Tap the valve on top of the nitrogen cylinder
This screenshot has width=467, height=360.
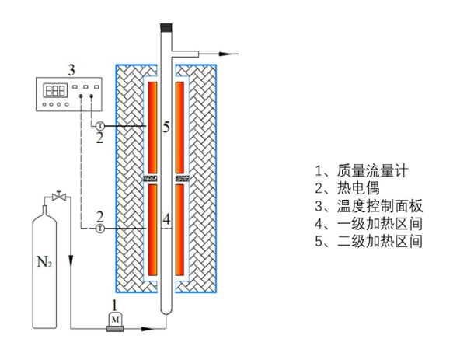[x=57, y=194]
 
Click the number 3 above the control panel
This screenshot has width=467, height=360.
[x=71, y=71]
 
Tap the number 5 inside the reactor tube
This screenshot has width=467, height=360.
[x=166, y=128]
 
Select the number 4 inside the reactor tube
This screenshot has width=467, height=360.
[x=166, y=220]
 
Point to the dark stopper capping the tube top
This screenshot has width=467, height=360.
[x=166, y=29]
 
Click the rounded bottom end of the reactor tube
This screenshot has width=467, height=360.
[x=166, y=310]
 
